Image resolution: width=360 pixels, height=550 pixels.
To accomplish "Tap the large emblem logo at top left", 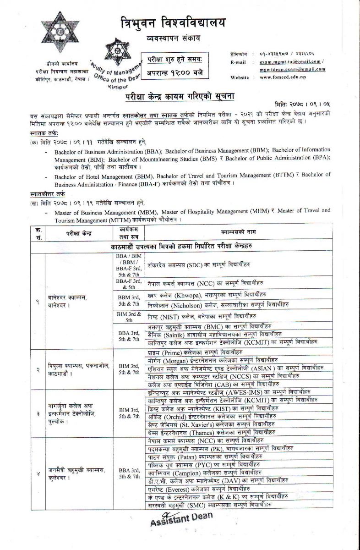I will [59, 33].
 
